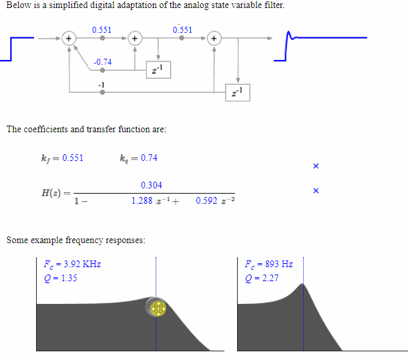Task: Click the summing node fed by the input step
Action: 68,39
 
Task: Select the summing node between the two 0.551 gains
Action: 134,39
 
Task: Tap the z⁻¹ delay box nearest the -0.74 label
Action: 158,69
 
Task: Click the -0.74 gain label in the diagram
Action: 103,62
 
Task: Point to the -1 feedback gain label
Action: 101,84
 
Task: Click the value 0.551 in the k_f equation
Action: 73,158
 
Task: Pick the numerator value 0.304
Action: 152,185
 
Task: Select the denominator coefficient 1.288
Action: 142,200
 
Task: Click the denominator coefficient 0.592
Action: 207,200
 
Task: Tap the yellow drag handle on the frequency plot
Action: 158,308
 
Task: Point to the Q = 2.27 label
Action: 262,278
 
